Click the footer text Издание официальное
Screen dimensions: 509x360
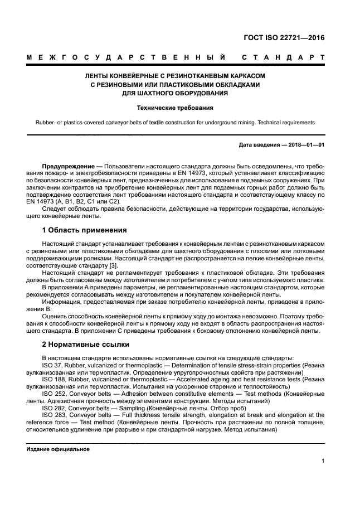click(x=58, y=449)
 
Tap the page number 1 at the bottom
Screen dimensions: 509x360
click(x=323, y=460)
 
